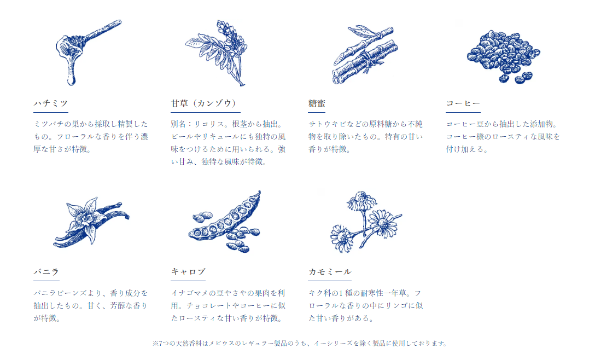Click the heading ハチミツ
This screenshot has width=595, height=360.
(x=51, y=103)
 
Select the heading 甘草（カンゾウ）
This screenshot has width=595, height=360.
(x=205, y=103)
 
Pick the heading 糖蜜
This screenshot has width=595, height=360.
(x=317, y=103)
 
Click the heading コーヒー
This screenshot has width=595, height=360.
(x=463, y=103)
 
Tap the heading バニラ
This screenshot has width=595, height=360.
(x=46, y=272)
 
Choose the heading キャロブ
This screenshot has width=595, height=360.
(x=188, y=272)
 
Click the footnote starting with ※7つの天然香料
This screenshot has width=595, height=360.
(x=300, y=343)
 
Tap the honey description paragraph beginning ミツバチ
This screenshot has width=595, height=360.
(x=91, y=137)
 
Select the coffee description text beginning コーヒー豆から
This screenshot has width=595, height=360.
(x=503, y=137)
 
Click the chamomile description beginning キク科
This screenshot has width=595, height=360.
(x=365, y=306)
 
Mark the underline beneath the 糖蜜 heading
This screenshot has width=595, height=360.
(x=317, y=112)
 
